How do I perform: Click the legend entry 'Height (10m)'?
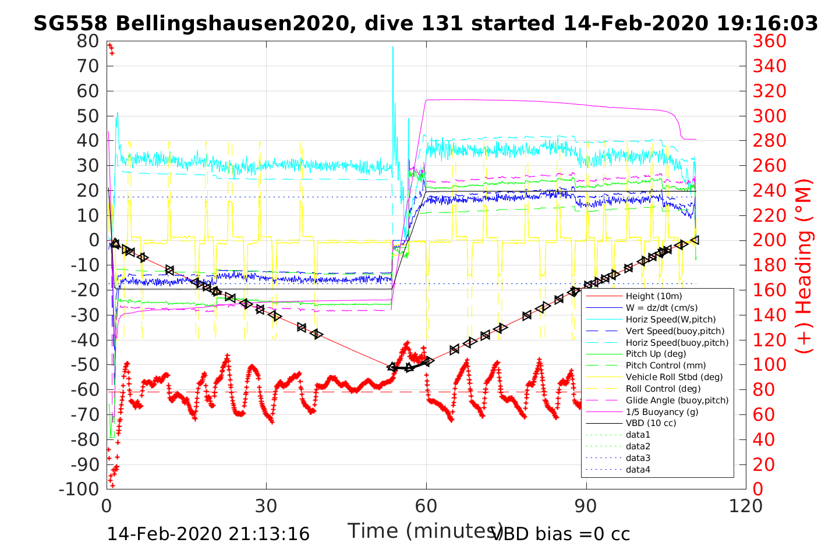point(653,296)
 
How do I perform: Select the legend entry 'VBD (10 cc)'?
point(651,423)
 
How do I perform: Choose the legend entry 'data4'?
point(638,469)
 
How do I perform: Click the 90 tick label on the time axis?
point(586,506)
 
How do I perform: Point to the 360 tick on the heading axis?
point(769,41)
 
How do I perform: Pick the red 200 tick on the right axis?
point(769,240)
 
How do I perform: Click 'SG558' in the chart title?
point(70,23)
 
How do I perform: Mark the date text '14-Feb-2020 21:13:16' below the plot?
point(208,534)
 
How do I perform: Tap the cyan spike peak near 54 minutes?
point(393,47)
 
